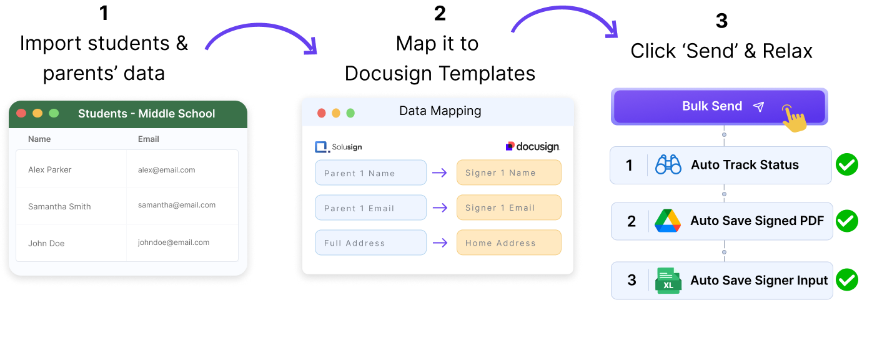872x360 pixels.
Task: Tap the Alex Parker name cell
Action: (x=50, y=169)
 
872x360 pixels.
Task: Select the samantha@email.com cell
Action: (x=177, y=205)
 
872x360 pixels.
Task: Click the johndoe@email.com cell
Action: (x=174, y=242)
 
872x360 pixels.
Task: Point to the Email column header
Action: (x=149, y=139)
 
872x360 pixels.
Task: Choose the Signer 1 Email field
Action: (x=508, y=207)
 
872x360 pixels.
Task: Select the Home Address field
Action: (x=508, y=243)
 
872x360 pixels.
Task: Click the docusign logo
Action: (x=532, y=147)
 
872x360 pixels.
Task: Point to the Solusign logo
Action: (x=339, y=147)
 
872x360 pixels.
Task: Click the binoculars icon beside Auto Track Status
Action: (x=668, y=165)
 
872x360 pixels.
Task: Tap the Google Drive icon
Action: (x=668, y=221)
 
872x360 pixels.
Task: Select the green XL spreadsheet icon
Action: (x=668, y=281)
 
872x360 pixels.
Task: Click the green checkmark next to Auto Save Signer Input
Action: (x=847, y=280)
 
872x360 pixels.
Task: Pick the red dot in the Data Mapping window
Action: (x=322, y=113)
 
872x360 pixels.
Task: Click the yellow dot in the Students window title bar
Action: (x=37, y=113)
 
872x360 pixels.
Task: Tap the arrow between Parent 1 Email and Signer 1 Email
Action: (x=440, y=207)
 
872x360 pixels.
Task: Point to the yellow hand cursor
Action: (x=793, y=118)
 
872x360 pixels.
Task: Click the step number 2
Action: (x=632, y=221)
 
